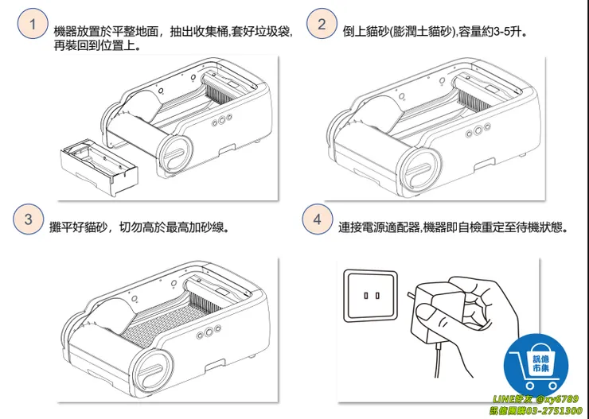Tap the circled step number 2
pos(321,24)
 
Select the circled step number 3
pos(29,219)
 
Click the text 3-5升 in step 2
pos(509,33)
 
